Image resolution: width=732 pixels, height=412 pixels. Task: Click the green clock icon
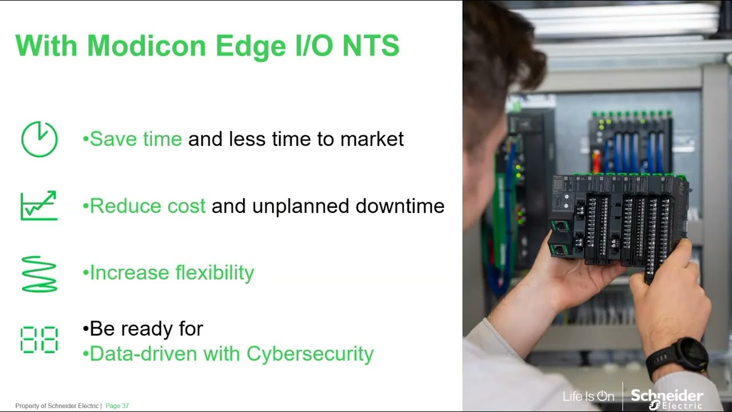tap(39, 139)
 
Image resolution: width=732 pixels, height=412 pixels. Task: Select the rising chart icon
tap(39, 205)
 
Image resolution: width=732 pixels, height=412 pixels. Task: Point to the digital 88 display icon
tap(39, 339)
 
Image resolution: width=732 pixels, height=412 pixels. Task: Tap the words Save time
tap(136, 138)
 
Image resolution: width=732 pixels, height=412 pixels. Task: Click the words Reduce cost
tap(148, 206)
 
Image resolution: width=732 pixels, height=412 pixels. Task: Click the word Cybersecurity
tap(310, 354)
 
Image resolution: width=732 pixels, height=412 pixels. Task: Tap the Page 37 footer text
tap(117, 406)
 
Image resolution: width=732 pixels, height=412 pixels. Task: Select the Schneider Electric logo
tap(666, 398)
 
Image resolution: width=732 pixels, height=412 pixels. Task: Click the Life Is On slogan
tap(588, 396)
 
